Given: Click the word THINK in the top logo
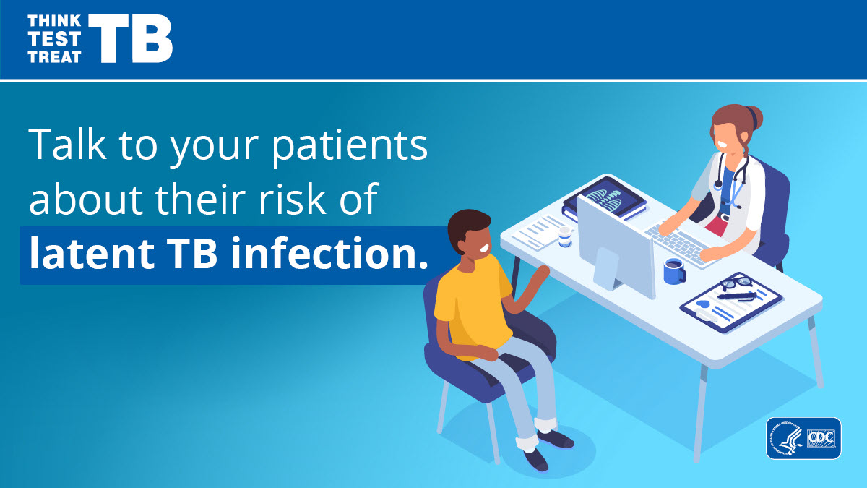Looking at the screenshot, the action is point(54,21).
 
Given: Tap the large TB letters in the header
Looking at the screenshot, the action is point(131,39).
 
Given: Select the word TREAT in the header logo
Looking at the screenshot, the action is point(54,57).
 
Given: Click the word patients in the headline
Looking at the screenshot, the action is point(349,146).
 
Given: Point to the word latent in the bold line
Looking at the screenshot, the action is point(92,253).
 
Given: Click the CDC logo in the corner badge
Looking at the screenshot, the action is point(821,438).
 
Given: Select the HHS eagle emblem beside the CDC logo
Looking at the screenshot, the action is point(786,438).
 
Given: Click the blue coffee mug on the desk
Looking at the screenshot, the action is point(674,270).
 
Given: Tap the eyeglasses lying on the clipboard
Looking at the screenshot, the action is point(734,283).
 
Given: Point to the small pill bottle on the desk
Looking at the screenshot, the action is point(565,236).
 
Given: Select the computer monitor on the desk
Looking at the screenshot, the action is point(615,248).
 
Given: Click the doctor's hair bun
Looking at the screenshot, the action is point(754,117).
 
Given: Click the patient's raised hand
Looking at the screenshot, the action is point(540,275).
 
